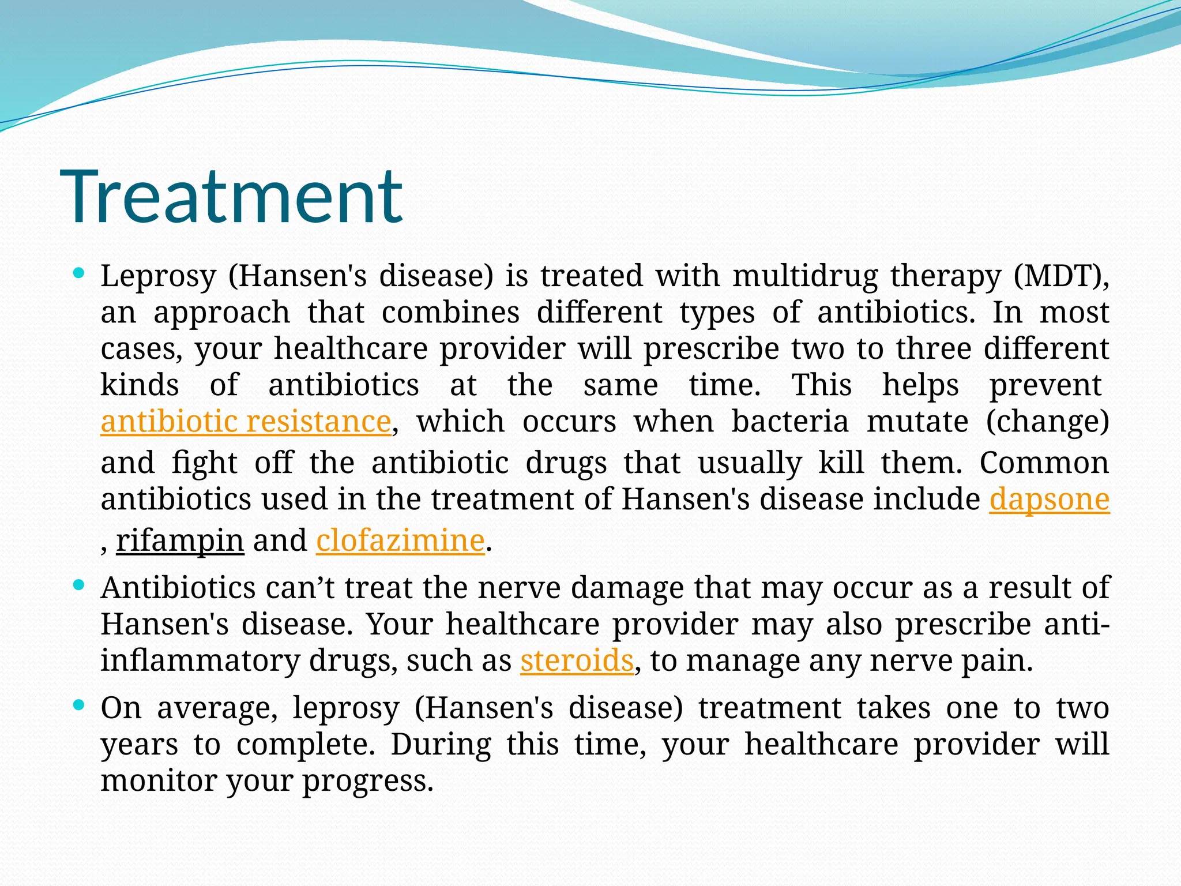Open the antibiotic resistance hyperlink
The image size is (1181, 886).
(x=246, y=422)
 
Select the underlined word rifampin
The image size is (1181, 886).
(x=180, y=541)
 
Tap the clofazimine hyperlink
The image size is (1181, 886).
(x=400, y=541)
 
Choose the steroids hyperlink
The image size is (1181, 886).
(x=577, y=661)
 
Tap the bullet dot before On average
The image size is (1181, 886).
(x=80, y=705)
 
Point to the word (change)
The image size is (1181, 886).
(x=1047, y=422)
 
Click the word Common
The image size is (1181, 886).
(x=1044, y=463)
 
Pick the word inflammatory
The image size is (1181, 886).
(x=200, y=661)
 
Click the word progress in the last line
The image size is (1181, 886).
(x=367, y=782)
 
